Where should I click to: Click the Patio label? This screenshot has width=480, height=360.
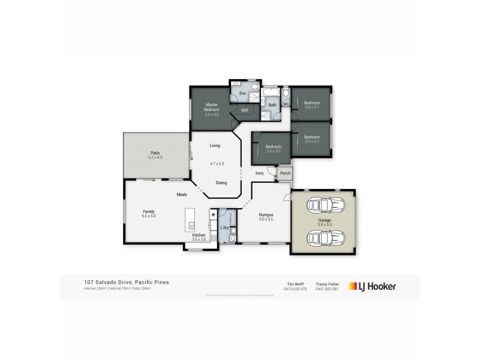click(x=155, y=153)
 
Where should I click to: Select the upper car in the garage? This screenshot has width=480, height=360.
click(x=323, y=206)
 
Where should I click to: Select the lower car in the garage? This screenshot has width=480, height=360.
click(x=323, y=239)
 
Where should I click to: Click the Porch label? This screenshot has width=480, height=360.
click(x=285, y=173)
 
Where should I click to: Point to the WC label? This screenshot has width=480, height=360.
click(x=286, y=104)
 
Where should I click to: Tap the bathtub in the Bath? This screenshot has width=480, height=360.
click(x=272, y=95)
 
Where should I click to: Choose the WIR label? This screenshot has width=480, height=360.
click(x=245, y=110)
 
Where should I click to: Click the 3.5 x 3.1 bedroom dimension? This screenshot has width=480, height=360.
click(x=312, y=107)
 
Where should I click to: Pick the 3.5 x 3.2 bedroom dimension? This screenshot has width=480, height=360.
click(x=312, y=141)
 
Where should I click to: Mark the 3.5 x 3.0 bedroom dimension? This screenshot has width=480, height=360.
click(x=274, y=151)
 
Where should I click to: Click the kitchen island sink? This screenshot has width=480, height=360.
click(x=191, y=226)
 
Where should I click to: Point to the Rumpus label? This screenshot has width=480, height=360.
click(x=266, y=214)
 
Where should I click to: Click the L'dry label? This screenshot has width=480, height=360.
click(x=224, y=228)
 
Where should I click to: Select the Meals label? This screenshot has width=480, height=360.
click(x=182, y=194)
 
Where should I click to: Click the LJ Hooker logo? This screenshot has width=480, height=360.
click(x=373, y=286)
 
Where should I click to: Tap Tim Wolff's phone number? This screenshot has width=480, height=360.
click(x=295, y=289)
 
